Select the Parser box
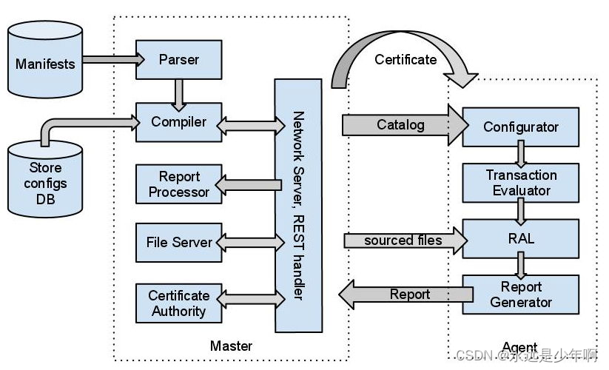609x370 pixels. [179, 60]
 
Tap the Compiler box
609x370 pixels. [179, 121]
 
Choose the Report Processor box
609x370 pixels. [179, 184]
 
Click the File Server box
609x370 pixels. [179, 242]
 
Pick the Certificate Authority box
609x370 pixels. [179, 303]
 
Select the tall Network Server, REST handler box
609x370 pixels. [298, 206]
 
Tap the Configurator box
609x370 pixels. [520, 127]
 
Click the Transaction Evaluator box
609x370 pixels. [520, 183]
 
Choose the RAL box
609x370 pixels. [520, 239]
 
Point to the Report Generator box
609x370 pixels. [520, 295]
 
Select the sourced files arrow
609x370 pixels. [403, 240]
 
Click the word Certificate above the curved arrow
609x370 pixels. [406, 59]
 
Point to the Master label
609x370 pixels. [231, 346]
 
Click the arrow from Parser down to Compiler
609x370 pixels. [179, 92]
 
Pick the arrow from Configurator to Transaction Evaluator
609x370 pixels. [521, 152]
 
